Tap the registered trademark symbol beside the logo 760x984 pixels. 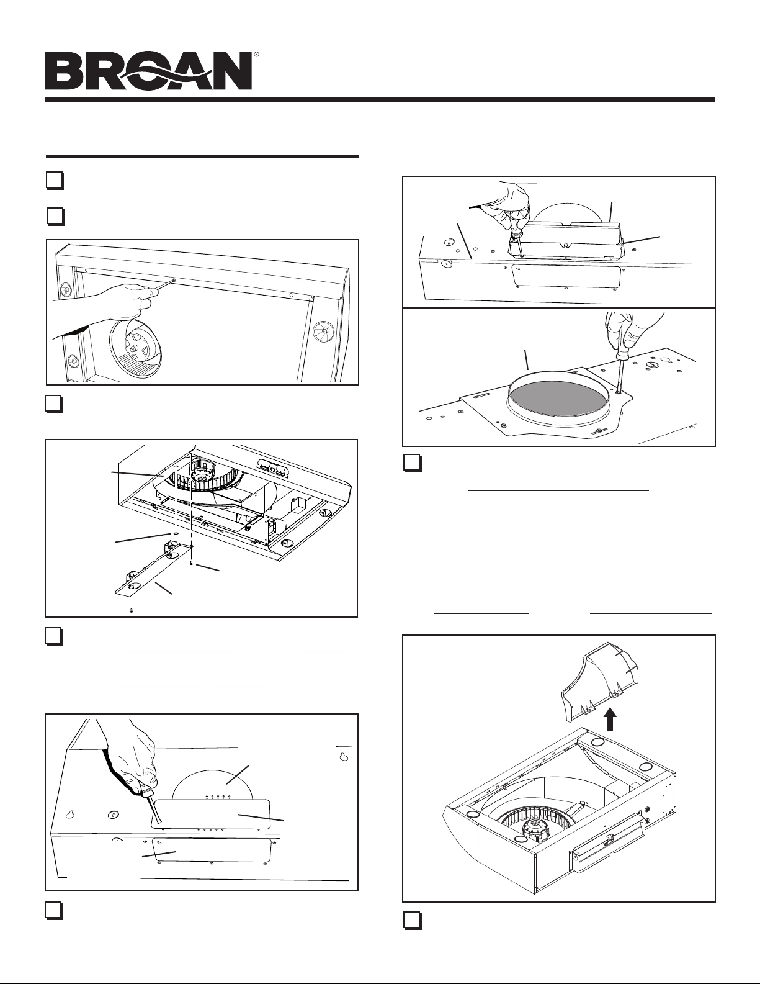[256, 55]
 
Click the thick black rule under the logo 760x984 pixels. [379, 100]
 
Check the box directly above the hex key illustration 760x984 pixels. [55, 215]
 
